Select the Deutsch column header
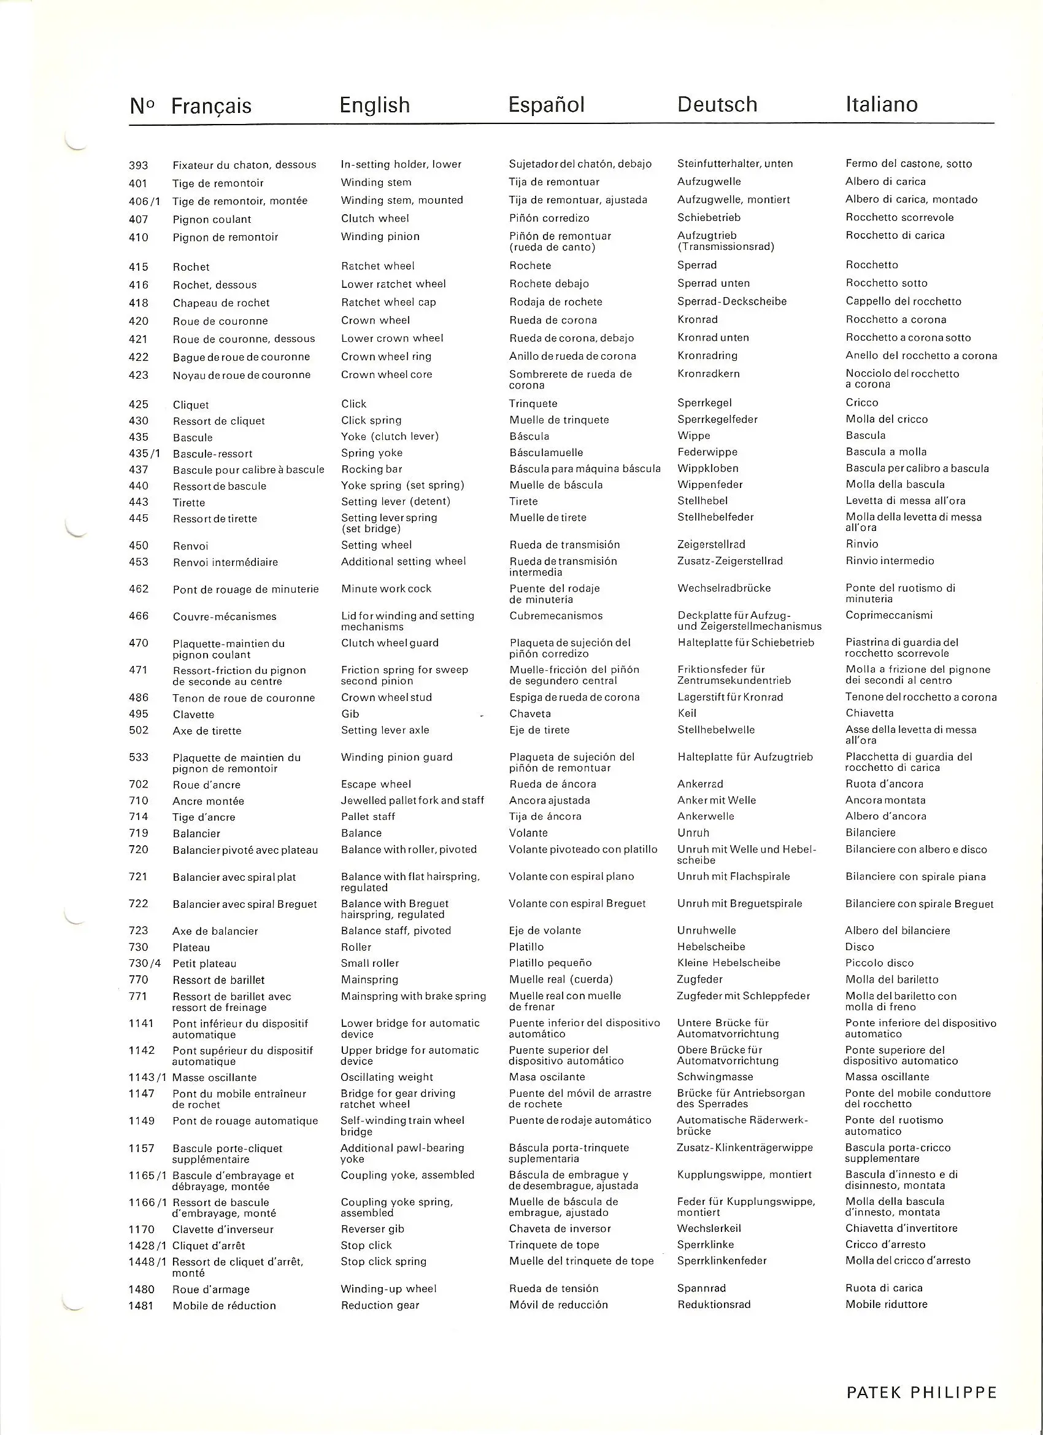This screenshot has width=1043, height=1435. pyautogui.click(x=717, y=104)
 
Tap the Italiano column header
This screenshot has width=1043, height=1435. pyautogui.click(x=881, y=104)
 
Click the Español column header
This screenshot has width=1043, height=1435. pyautogui.click(x=547, y=104)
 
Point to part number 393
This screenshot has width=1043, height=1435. pyautogui.click(x=139, y=165)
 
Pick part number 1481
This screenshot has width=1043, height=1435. pyautogui.click(x=141, y=1305)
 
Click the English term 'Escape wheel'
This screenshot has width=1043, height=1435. pyautogui.click(x=375, y=784)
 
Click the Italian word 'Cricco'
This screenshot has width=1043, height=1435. pyautogui.click(x=861, y=403)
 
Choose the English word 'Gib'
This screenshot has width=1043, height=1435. pyautogui.click(x=350, y=714)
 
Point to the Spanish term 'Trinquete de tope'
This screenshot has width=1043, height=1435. pyautogui.click(x=554, y=1245)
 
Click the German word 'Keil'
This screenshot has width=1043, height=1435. pyautogui.click(x=687, y=713)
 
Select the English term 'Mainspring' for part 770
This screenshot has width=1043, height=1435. pyautogui.click(x=369, y=980)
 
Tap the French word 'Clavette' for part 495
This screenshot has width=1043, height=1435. pyautogui.click(x=193, y=714)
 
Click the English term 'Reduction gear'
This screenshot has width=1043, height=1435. pyautogui.click(x=380, y=1305)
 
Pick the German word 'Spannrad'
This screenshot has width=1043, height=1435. pyautogui.click(x=701, y=1288)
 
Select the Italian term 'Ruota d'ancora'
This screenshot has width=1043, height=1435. pyautogui.click(x=884, y=784)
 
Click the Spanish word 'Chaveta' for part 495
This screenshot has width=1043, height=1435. pyautogui.click(x=529, y=714)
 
